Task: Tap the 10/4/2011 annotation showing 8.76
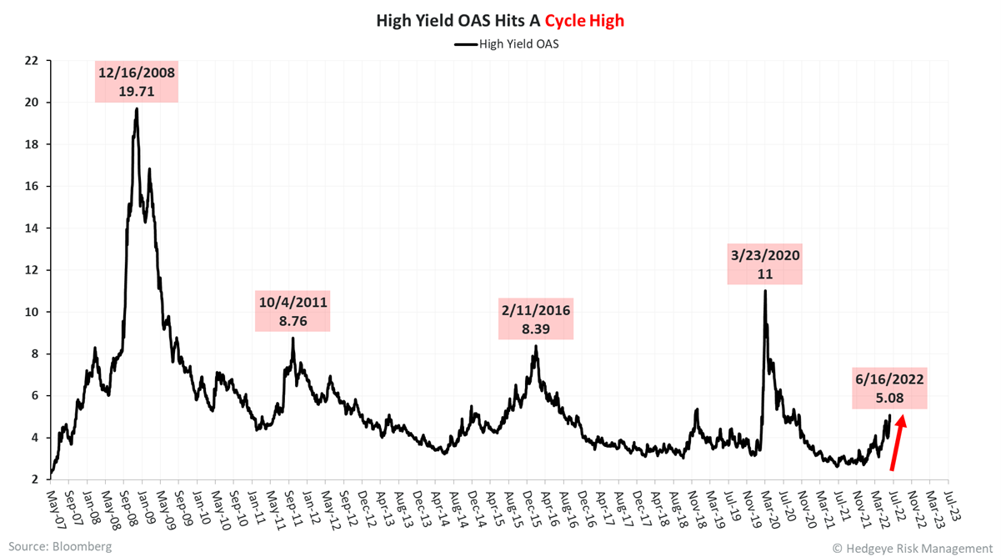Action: tap(293, 310)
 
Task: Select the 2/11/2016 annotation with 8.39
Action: tap(535, 319)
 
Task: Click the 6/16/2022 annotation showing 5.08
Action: tap(888, 389)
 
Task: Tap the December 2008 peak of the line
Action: tap(137, 109)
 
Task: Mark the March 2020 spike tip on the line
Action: tap(764, 291)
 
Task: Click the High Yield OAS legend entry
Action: tap(506, 43)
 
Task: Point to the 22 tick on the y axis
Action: tap(32, 61)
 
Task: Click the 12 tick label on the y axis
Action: tap(32, 270)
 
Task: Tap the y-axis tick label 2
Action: tap(35, 479)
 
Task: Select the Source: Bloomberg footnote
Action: tap(60, 546)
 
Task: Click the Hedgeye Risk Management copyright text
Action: tap(912, 548)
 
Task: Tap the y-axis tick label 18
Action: tap(32, 144)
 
